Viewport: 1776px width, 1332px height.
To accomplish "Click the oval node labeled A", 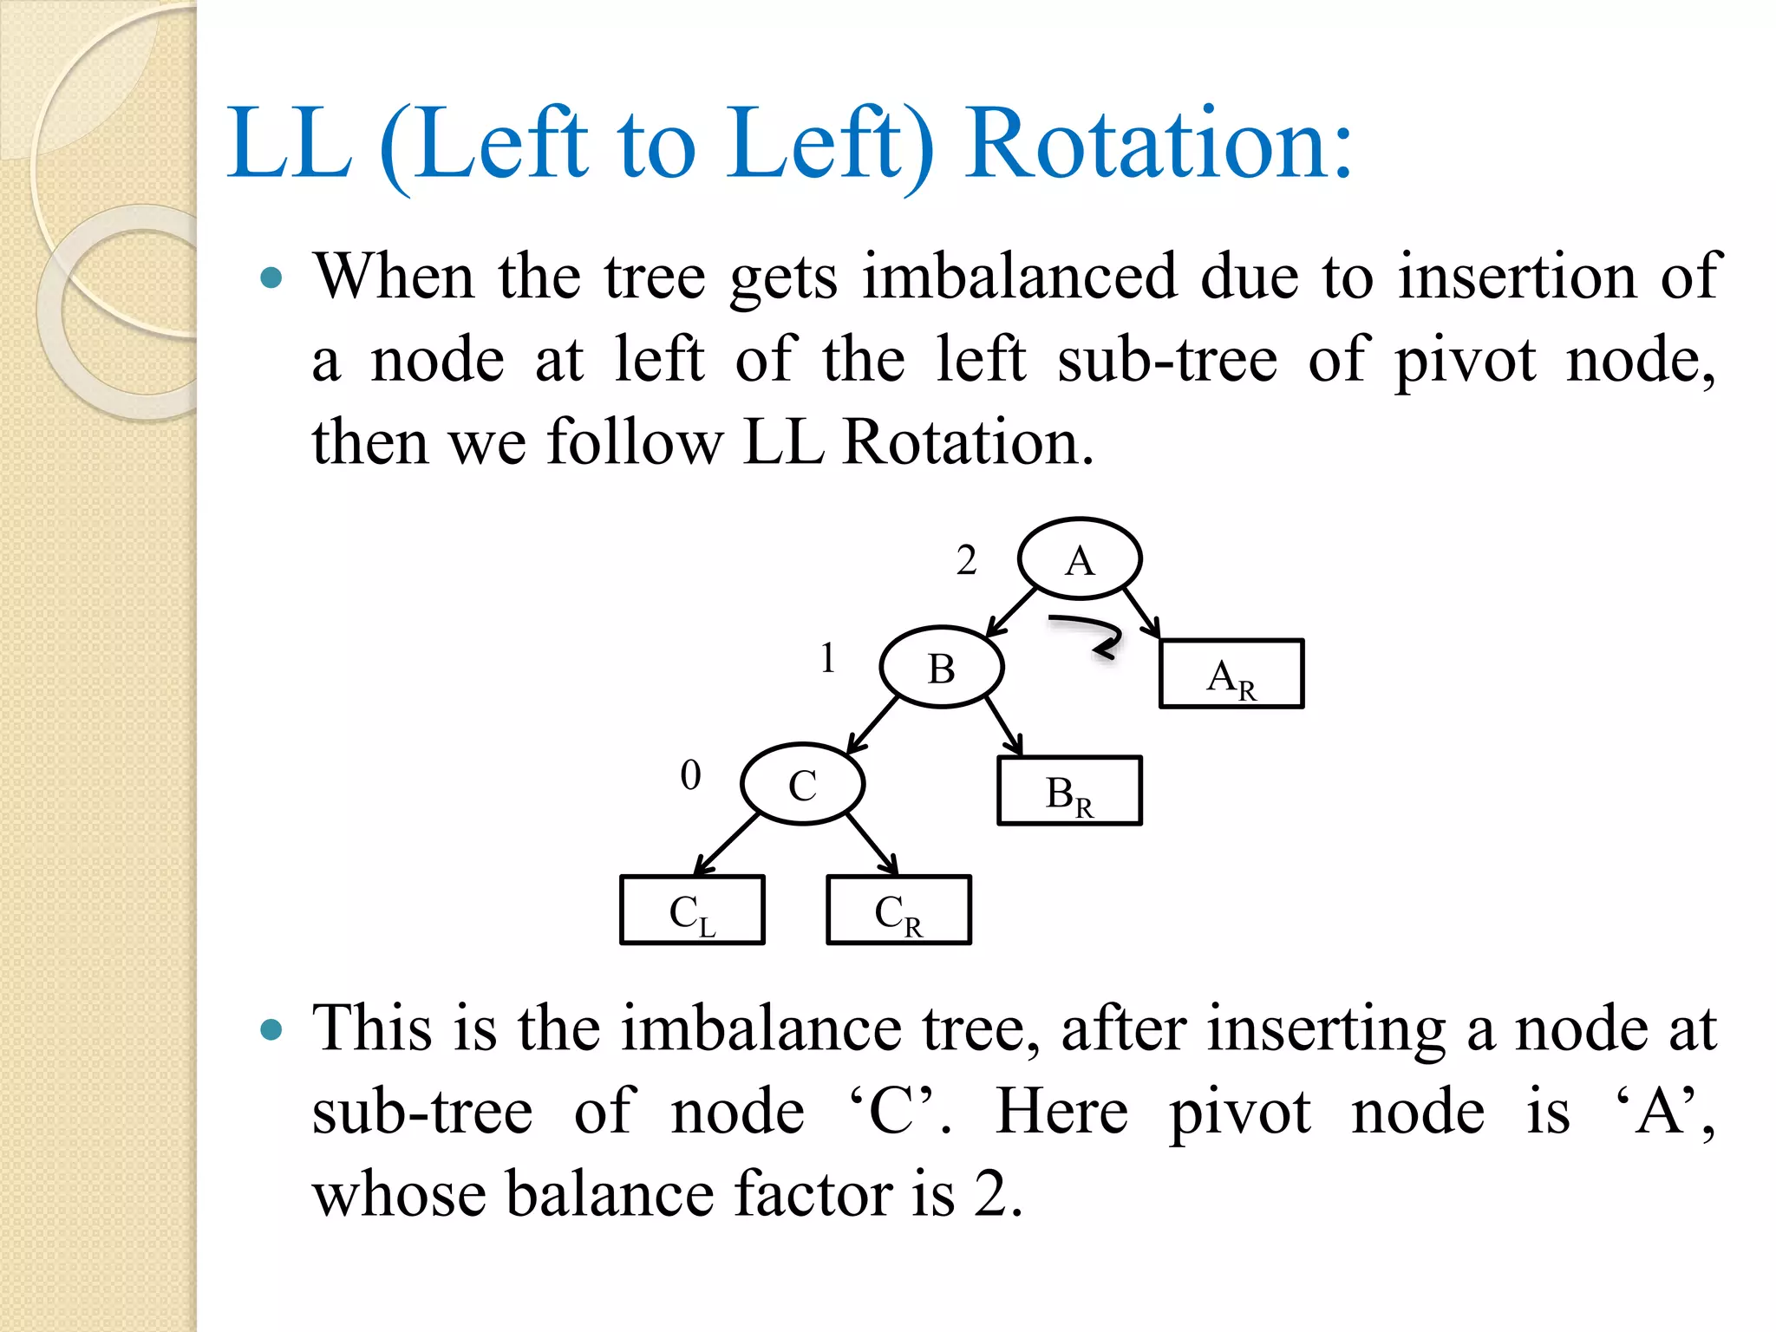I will [x=1080, y=559].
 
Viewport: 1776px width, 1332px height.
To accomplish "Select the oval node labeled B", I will [x=942, y=668].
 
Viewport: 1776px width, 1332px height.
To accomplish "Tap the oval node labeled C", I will [x=803, y=784].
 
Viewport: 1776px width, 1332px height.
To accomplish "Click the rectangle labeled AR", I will [x=1231, y=675].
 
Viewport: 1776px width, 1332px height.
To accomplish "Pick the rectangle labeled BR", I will [x=1069, y=791].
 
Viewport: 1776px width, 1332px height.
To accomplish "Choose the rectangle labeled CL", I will [x=692, y=911].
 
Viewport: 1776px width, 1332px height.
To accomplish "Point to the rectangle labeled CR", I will [x=898, y=911].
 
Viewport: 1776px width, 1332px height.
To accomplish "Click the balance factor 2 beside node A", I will [x=966, y=560].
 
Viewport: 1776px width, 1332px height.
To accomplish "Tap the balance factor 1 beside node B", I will [x=828, y=657].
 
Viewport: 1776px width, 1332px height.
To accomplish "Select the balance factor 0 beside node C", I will [x=690, y=774].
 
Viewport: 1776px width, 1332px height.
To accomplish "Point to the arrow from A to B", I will [x=1011, y=612].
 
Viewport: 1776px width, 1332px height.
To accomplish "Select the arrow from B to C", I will [x=872, y=724].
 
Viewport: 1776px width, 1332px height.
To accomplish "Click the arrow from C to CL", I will [x=727, y=845].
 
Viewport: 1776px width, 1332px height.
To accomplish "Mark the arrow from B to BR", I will [x=1003, y=726].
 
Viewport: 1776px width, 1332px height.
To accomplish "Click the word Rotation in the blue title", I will [x=1159, y=143].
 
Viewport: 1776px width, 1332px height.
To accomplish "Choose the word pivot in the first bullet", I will [x=1465, y=360].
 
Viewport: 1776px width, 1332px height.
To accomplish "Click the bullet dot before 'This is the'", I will [x=271, y=1029].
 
